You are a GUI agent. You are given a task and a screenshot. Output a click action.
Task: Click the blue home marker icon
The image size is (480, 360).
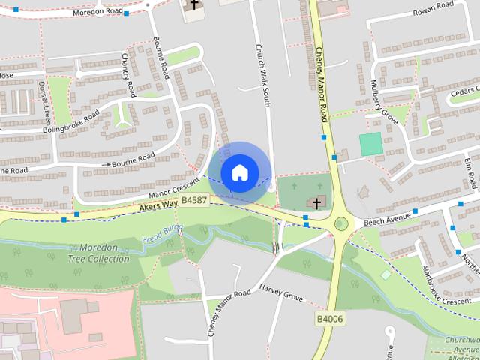click(239, 172)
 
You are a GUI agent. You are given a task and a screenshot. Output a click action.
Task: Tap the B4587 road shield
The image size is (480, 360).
click(194, 200)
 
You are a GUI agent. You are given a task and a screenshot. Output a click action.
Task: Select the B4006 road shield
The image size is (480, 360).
click(328, 319)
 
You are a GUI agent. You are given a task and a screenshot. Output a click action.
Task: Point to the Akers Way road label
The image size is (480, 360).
click(155, 206)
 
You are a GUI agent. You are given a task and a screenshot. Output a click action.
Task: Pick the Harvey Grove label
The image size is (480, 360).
click(281, 292)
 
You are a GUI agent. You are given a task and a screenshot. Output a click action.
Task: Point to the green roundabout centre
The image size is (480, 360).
click(342, 223)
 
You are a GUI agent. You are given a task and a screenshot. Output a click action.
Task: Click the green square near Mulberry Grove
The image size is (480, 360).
click(370, 144)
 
